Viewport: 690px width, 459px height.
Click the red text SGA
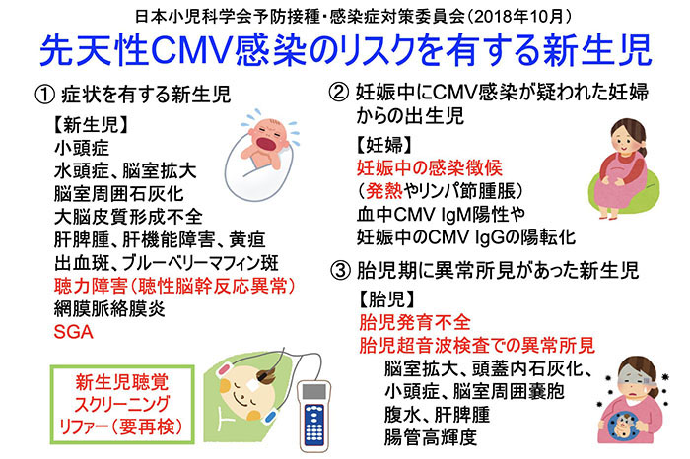(73, 332)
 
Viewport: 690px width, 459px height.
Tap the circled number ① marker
(45, 95)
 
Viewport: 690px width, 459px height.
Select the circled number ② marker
(339, 93)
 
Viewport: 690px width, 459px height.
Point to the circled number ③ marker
(341, 271)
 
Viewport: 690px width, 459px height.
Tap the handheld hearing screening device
(313, 417)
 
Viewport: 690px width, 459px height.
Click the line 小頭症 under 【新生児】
(82, 148)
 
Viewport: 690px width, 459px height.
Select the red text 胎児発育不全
(415, 322)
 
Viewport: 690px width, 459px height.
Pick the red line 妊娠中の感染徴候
(430, 167)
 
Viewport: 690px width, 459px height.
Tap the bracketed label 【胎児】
(387, 299)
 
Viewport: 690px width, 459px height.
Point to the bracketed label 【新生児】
(91, 125)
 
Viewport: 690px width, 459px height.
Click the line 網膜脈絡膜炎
(109, 309)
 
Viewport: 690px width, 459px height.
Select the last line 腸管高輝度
(431, 437)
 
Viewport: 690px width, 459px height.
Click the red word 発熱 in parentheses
(384, 191)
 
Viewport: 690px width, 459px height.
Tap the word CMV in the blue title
(191, 49)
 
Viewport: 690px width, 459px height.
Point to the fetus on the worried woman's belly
(623, 425)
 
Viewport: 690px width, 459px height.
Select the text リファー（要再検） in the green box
(121, 426)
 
